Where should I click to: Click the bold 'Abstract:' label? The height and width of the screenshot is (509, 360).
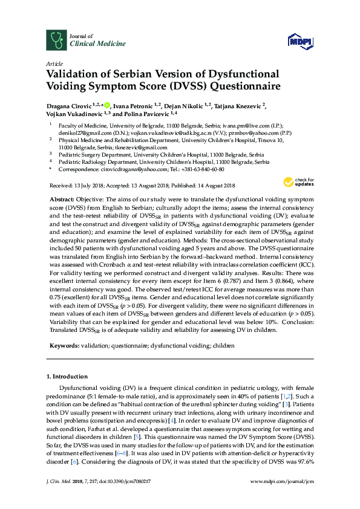[61, 199]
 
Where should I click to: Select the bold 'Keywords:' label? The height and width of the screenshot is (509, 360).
[64, 345]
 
